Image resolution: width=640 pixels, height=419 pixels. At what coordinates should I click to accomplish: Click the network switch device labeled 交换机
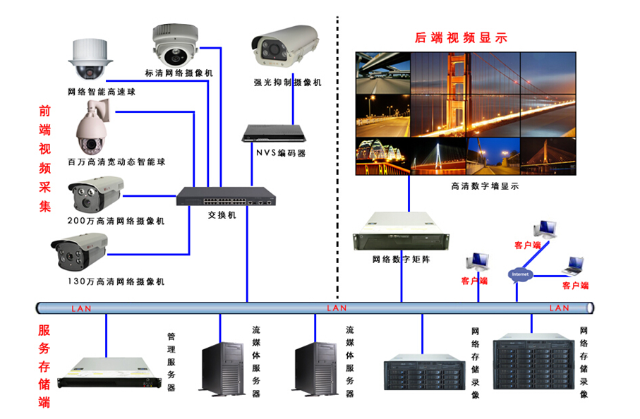[x=226, y=196]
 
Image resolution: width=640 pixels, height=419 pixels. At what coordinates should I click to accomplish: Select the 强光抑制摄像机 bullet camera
[x=286, y=44]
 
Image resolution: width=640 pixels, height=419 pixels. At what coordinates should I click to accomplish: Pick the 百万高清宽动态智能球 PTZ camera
[x=93, y=128]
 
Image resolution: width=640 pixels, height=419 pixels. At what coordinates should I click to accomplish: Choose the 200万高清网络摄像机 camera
[x=95, y=194]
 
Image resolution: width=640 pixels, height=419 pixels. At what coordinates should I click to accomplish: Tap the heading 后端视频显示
[x=461, y=38]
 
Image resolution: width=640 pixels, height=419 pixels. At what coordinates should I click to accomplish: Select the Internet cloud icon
[x=519, y=274]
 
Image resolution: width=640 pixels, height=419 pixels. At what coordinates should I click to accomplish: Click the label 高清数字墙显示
[x=485, y=186]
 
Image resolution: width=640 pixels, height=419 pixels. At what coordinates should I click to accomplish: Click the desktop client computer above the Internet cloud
[x=544, y=229]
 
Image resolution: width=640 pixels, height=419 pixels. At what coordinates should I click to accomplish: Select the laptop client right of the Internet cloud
[x=573, y=266]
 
